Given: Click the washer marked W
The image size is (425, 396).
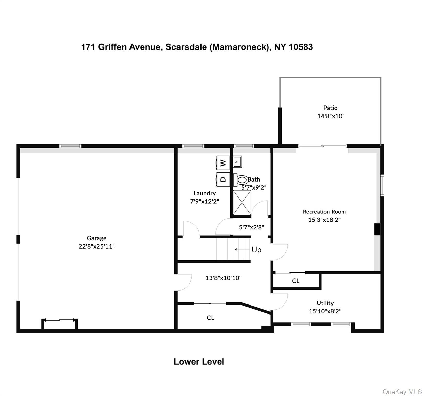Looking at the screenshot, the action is (223, 163).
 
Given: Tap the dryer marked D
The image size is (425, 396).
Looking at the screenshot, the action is (223, 179).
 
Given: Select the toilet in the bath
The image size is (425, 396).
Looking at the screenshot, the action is (241, 179).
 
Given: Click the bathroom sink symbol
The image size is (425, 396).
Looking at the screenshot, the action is (237, 162).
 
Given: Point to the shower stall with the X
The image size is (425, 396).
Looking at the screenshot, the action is (242, 203).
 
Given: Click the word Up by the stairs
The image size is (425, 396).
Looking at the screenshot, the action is (256, 250).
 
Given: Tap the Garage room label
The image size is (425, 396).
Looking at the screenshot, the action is (96, 238).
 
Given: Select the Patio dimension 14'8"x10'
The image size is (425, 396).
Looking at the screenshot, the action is (330, 116).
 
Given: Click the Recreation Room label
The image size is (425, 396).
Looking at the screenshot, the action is (324, 212).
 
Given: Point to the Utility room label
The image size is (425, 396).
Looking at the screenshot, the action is (325, 303).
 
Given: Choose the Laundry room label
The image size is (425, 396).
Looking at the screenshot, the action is (205, 193).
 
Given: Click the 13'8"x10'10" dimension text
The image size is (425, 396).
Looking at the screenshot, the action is (223, 278).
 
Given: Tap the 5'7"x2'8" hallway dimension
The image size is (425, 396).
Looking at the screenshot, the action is (251, 227).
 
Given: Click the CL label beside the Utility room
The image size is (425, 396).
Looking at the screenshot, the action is (296, 281).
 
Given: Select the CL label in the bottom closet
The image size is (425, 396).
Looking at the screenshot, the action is (211, 318).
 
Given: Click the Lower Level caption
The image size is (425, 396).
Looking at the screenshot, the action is (199, 361).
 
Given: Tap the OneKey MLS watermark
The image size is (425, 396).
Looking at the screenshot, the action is (402, 392).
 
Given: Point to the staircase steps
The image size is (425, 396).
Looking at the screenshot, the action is (233, 249).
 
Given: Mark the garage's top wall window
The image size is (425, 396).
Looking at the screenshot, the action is (70, 146).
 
